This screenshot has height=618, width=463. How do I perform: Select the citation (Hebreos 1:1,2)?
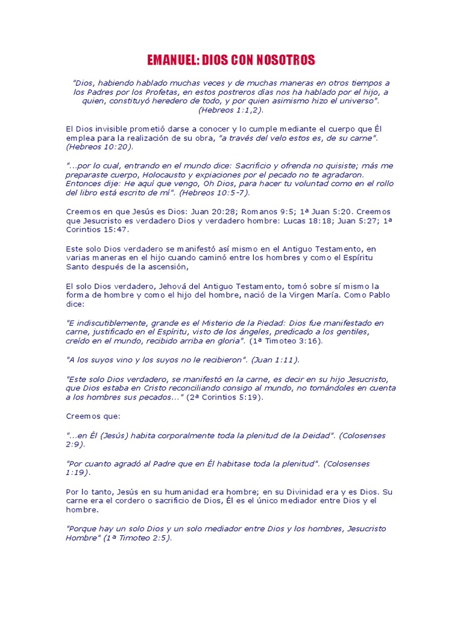(231, 110)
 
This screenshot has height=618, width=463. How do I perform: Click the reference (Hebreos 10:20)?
(100, 147)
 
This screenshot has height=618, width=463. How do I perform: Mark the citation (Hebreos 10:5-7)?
(214, 193)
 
